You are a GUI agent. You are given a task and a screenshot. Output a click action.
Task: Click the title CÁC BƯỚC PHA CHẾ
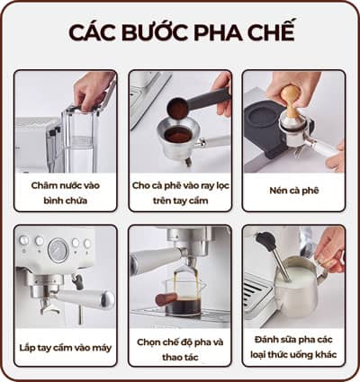click(x=180, y=32)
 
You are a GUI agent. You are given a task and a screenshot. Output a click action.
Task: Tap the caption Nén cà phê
click(x=292, y=191)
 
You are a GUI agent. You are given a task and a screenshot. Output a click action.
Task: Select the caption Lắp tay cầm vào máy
click(x=66, y=347)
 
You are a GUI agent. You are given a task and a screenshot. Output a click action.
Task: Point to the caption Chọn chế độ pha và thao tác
click(x=179, y=347)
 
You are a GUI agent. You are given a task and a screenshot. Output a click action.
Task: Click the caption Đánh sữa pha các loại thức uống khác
click(x=292, y=347)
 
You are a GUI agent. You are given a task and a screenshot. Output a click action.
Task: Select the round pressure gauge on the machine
click(x=59, y=249)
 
